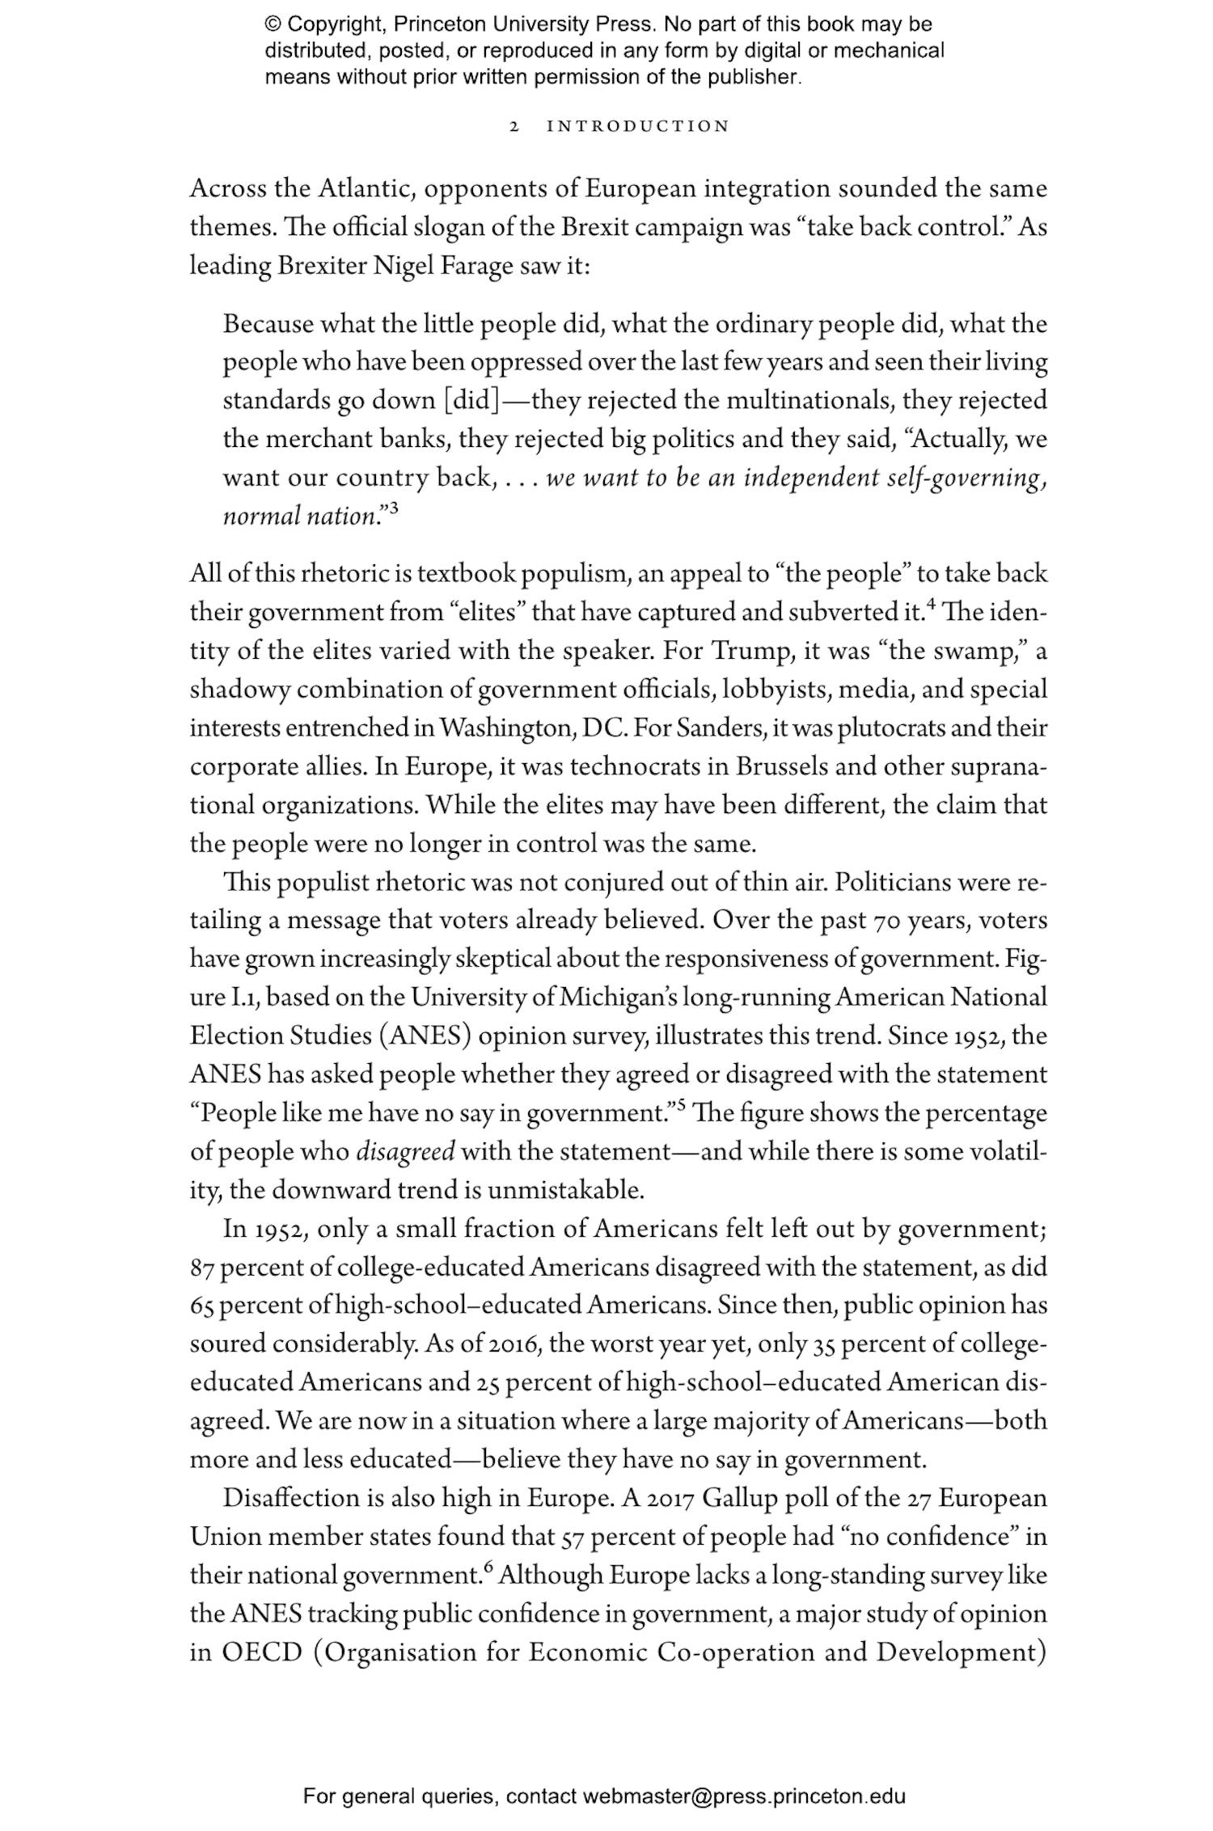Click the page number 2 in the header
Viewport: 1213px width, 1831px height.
pos(514,127)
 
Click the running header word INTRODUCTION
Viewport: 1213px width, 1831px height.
pos(638,127)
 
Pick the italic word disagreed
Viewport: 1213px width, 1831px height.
pos(405,1152)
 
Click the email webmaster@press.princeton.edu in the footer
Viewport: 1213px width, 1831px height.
pos(743,1797)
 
